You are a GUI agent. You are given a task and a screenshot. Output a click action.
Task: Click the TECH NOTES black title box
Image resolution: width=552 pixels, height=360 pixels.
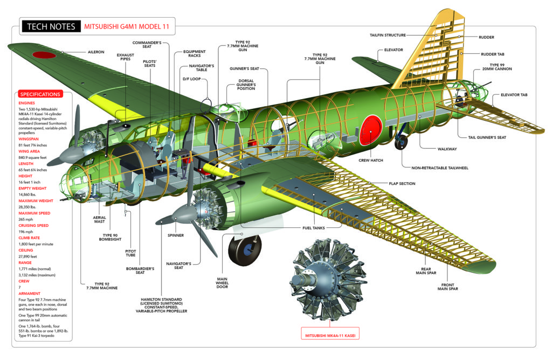click(50, 26)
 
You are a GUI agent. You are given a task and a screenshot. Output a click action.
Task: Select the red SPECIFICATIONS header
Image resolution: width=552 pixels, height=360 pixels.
click(40, 94)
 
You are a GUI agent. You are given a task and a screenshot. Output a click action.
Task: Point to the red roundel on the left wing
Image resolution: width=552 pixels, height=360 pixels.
click(44, 54)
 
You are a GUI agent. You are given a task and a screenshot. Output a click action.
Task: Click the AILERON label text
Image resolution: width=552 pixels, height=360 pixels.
click(96, 52)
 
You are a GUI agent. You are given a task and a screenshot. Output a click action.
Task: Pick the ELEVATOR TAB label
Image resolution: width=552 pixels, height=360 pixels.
click(514, 95)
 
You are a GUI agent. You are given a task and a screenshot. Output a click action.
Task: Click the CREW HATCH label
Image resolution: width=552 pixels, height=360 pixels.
click(371, 160)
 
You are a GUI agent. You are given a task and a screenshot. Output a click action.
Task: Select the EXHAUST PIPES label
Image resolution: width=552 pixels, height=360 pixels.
click(126, 58)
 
